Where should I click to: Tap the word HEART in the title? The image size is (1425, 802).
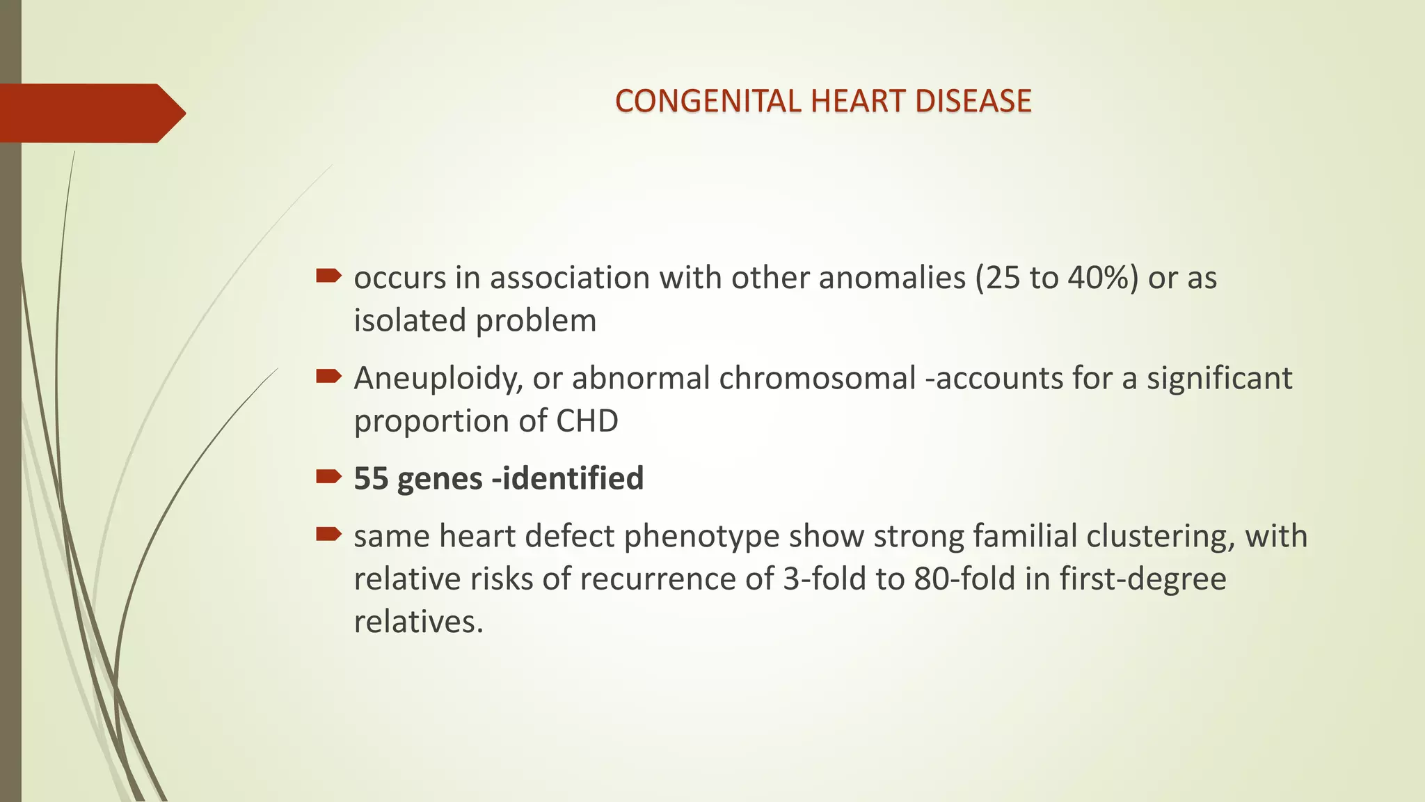pyautogui.click(x=859, y=102)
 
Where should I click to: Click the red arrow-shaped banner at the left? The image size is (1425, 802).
pyautogui.click(x=90, y=113)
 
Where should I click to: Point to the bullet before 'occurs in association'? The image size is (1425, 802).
pyautogui.click(x=328, y=276)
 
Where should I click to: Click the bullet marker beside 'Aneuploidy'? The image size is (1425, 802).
pyautogui.click(x=328, y=377)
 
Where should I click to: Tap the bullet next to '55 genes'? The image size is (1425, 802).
pyautogui.click(x=328, y=477)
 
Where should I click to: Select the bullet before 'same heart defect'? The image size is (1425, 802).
pyautogui.click(x=328, y=535)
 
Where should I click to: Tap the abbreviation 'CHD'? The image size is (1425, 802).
pyautogui.click(x=587, y=421)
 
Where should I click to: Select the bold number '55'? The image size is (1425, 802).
pyautogui.click(x=370, y=479)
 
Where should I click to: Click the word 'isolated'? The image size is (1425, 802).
pyautogui.click(x=410, y=321)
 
